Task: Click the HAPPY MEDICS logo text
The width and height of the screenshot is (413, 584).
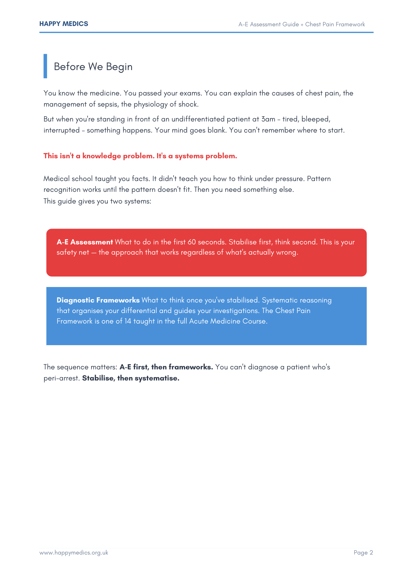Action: (x=64, y=24)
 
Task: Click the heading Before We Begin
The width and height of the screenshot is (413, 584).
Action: (x=93, y=67)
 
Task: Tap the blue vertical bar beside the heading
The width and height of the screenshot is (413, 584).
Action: (x=45, y=66)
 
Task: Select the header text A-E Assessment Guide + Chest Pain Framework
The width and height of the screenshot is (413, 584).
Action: (x=301, y=25)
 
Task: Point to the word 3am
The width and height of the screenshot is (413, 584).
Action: (x=268, y=119)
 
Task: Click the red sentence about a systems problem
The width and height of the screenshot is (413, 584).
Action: (x=140, y=156)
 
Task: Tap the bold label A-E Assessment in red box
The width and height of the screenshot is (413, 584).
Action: (x=85, y=242)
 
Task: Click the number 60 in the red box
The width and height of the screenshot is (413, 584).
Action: (x=192, y=242)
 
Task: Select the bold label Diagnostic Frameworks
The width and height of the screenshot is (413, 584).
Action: (x=98, y=300)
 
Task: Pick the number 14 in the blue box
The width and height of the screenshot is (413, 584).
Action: (x=128, y=321)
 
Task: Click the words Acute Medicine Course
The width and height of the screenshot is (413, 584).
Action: (x=228, y=321)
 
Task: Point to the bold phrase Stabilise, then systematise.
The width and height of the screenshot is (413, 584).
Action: (x=131, y=378)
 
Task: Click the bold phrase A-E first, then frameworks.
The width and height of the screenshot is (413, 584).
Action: (x=166, y=367)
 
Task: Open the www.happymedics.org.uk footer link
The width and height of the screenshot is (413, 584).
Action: (x=74, y=552)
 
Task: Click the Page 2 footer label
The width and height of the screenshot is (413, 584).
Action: (x=363, y=552)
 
